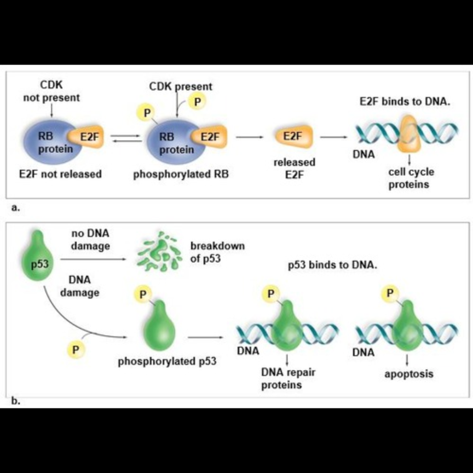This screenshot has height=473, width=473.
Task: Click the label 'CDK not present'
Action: tap(51, 91)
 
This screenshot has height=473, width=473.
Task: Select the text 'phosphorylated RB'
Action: tap(181, 175)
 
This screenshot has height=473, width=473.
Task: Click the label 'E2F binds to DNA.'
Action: tap(405, 102)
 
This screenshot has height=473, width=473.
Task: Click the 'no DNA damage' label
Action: tap(90, 240)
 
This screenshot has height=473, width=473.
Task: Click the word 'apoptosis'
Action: tap(408, 374)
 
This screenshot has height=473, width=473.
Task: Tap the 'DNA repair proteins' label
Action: tap(288, 378)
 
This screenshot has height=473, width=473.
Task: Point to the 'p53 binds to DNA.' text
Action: tap(333, 265)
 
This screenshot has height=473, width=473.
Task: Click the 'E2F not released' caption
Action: tap(60, 175)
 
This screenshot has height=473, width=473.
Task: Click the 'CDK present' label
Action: tap(181, 86)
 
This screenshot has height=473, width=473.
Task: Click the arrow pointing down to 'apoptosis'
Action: tap(408, 361)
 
